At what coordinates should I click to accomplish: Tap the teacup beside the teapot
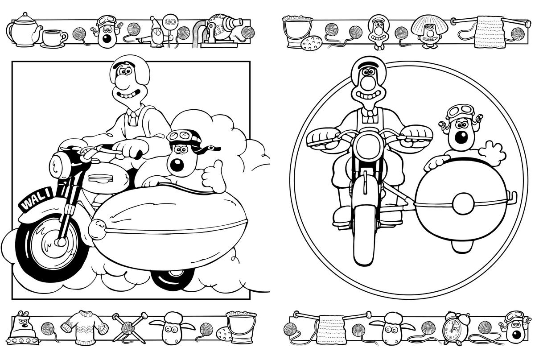click(x=54, y=39)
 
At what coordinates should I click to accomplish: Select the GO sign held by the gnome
click(x=170, y=22)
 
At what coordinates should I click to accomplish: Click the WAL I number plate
click(x=36, y=199)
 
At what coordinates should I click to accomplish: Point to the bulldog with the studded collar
click(x=23, y=328)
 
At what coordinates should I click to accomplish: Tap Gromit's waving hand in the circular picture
click(x=492, y=153)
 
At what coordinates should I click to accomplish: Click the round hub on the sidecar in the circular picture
click(x=463, y=204)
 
